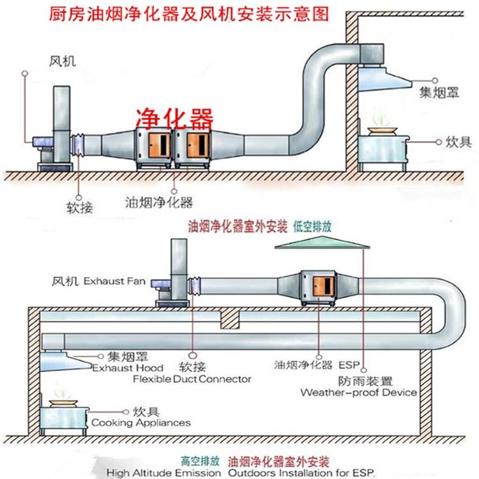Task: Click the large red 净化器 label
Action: click(x=174, y=119)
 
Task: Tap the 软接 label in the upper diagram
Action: click(x=80, y=208)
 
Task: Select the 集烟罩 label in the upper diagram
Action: click(x=439, y=92)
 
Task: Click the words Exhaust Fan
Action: click(x=114, y=281)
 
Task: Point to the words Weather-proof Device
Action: click(x=359, y=392)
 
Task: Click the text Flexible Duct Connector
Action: click(x=192, y=379)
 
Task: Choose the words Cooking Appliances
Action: click(x=141, y=423)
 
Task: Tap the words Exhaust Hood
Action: click(x=128, y=368)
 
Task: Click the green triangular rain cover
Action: click(x=322, y=242)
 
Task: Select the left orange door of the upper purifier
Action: click(x=160, y=146)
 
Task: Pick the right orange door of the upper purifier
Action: click(x=197, y=146)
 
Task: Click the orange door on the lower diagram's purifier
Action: click(x=323, y=286)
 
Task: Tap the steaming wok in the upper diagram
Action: click(x=382, y=130)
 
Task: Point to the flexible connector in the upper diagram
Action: click(x=77, y=146)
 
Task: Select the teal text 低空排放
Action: click(x=312, y=227)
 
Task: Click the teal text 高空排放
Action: click(x=200, y=460)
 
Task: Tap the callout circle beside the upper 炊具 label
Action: click(x=439, y=142)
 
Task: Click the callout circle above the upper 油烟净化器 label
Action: click(x=174, y=192)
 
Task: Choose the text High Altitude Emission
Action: click(x=163, y=473)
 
